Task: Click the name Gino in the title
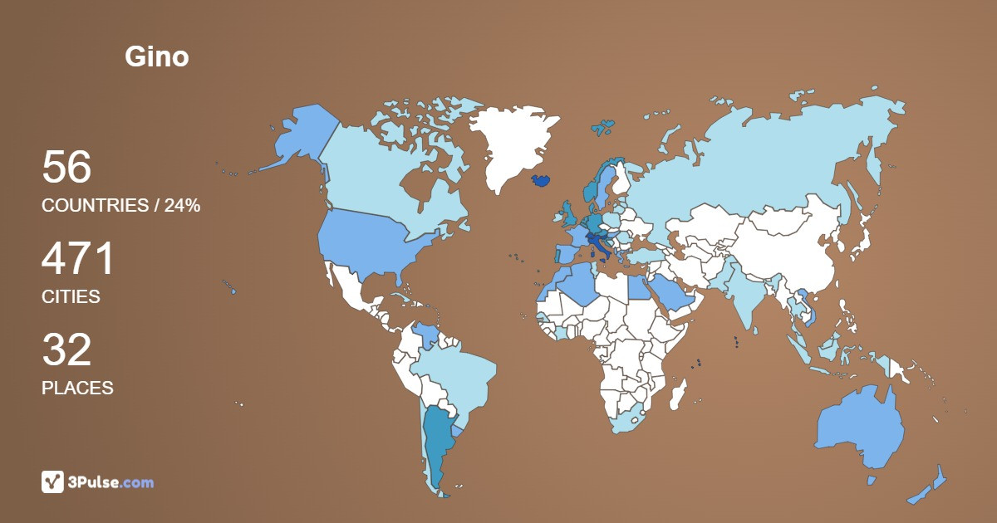[x=157, y=57]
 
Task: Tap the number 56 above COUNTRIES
[x=66, y=168]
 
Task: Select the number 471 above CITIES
[x=78, y=259]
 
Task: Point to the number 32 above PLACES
[x=66, y=350]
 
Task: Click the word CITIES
[x=71, y=296]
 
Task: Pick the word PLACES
[x=77, y=388]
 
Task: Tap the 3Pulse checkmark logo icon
[x=52, y=481]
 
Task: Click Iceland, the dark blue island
[x=541, y=180]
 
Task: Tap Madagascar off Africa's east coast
[x=679, y=391]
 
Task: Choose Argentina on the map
[x=437, y=440]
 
